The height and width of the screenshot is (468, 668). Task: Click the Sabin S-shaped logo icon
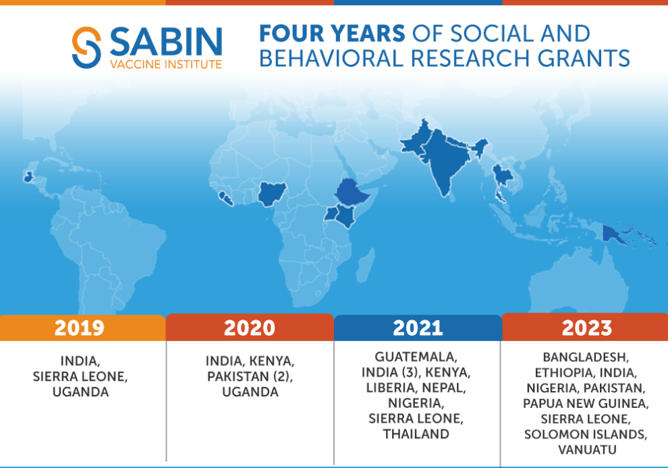86,47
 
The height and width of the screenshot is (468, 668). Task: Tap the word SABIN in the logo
166,41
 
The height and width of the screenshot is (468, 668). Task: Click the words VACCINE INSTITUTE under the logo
166,64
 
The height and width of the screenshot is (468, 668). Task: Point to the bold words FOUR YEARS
332,33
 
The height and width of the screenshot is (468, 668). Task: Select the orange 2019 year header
82,328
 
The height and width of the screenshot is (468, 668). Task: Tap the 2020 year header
250,328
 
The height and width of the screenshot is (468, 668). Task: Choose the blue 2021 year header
418,328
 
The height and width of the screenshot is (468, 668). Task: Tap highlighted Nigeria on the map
271,194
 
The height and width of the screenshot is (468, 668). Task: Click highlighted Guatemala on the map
28,177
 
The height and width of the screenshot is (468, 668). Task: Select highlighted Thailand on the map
502,180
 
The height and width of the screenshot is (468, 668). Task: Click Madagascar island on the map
366,265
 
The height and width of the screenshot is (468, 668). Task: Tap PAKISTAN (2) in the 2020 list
250,376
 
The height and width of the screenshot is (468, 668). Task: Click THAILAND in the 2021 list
416,434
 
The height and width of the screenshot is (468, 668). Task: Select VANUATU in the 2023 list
587,450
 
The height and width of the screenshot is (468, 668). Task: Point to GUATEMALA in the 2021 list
416,357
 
